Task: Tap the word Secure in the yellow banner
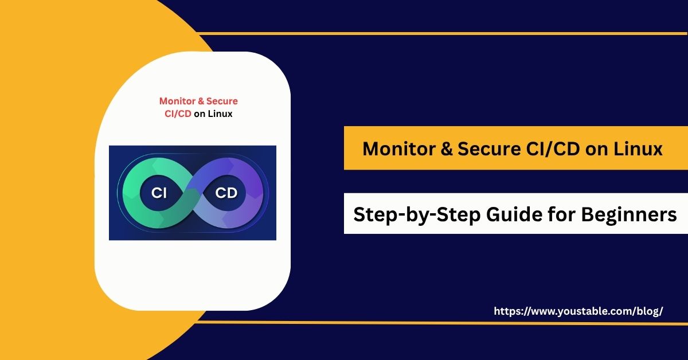click(x=489, y=149)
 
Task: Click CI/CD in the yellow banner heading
click(x=553, y=149)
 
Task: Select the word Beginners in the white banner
click(x=629, y=214)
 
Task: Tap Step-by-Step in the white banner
click(x=417, y=214)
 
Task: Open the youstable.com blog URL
click(x=578, y=311)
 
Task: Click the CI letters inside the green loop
click(x=159, y=193)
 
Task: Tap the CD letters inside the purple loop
click(x=226, y=193)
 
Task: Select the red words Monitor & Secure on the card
click(x=198, y=101)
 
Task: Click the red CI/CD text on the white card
click(x=178, y=114)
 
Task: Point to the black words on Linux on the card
click(x=213, y=114)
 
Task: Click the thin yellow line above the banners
click(x=442, y=33)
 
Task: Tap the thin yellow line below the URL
click(x=442, y=323)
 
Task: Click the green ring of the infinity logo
click(x=131, y=193)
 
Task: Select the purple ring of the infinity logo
click(x=255, y=193)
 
